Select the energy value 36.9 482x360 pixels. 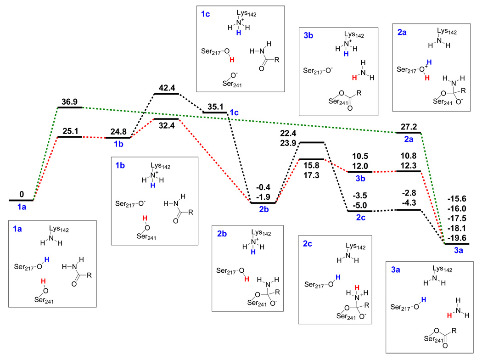pyautogui.click(x=69, y=100)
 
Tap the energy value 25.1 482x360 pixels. pyautogui.click(x=69, y=130)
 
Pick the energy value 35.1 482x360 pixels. pyautogui.click(x=215, y=104)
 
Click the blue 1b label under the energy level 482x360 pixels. pyautogui.click(x=118, y=145)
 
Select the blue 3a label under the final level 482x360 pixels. pyautogui.click(x=458, y=251)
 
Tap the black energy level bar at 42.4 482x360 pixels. pyautogui.click(x=166, y=94)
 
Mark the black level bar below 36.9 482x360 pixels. pyautogui.click(x=69, y=107)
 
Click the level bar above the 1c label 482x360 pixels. pyautogui.click(x=215, y=112)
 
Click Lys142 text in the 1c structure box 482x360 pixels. pyautogui.click(x=246, y=14)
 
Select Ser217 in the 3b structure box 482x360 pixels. pyautogui.click(x=314, y=71)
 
